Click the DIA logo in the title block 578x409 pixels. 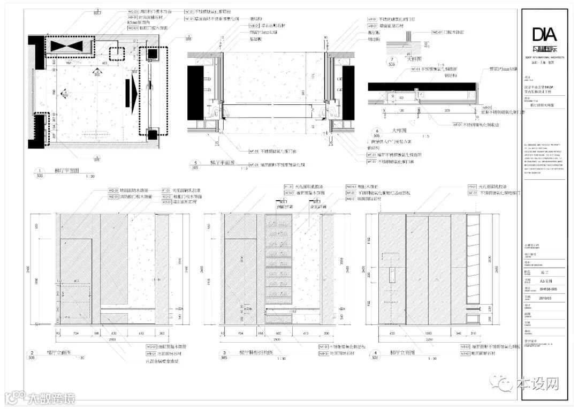pyautogui.click(x=544, y=35)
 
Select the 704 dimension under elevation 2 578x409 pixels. pyautogui.click(x=76, y=333)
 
